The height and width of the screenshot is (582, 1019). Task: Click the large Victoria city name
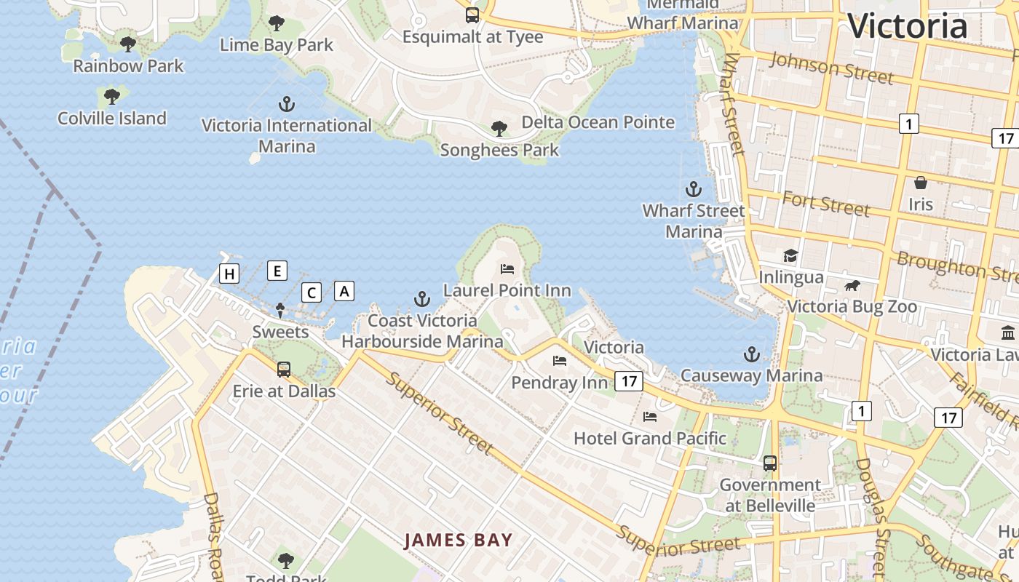coord(907,26)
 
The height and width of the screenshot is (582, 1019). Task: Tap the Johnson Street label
coord(831,68)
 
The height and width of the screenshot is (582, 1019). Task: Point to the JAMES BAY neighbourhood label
coord(459,540)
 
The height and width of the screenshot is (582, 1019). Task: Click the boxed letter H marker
coord(229,274)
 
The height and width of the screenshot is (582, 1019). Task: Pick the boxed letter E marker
coord(277,271)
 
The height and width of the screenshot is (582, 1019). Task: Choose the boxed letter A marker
coord(344,291)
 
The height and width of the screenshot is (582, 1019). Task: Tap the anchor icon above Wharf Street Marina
coord(694,189)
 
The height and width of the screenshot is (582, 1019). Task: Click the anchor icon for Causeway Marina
coord(751,354)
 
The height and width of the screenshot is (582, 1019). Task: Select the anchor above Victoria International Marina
coord(287,104)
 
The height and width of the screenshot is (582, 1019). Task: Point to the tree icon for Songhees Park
coord(499,129)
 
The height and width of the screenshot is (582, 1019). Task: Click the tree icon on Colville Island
coord(112,96)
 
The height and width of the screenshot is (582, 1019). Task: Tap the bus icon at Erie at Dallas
coord(284,370)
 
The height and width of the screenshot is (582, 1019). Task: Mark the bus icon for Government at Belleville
coord(769,463)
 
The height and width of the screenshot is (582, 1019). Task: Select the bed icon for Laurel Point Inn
coord(507,268)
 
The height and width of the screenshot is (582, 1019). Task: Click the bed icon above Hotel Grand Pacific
coord(650,417)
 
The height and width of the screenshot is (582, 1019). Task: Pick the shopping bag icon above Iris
coord(921,183)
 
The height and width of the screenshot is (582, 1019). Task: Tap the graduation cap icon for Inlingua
coord(790,255)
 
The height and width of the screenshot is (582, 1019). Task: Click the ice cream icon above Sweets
coord(280,311)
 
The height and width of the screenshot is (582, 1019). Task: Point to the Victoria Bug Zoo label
coord(852,306)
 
